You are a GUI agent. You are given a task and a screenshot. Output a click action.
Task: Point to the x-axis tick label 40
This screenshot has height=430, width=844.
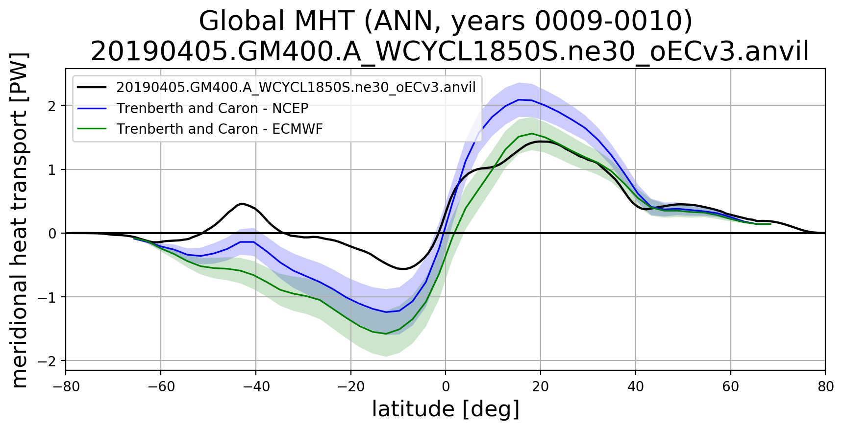(x=635, y=387)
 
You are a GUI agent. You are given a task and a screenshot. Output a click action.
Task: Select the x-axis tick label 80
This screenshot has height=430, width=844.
(x=825, y=387)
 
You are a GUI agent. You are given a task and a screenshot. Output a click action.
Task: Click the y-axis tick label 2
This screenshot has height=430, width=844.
(x=52, y=106)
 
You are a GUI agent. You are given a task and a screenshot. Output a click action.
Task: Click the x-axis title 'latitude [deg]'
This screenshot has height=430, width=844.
(x=446, y=409)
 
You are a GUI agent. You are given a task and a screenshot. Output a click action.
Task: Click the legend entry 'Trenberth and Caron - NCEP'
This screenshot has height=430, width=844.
(x=212, y=108)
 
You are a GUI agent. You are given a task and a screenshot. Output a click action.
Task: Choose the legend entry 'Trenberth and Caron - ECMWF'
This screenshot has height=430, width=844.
(x=220, y=129)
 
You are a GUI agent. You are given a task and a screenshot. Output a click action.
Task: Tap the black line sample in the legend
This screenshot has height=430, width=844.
(x=92, y=87)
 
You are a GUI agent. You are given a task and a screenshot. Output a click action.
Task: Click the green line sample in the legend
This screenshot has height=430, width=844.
(x=92, y=129)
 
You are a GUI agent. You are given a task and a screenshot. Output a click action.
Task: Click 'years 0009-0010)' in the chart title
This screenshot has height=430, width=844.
(x=571, y=22)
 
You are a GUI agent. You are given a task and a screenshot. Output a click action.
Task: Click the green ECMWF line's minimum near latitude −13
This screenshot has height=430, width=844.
(x=386, y=334)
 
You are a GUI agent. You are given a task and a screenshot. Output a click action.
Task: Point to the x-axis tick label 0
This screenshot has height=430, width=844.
(x=446, y=387)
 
